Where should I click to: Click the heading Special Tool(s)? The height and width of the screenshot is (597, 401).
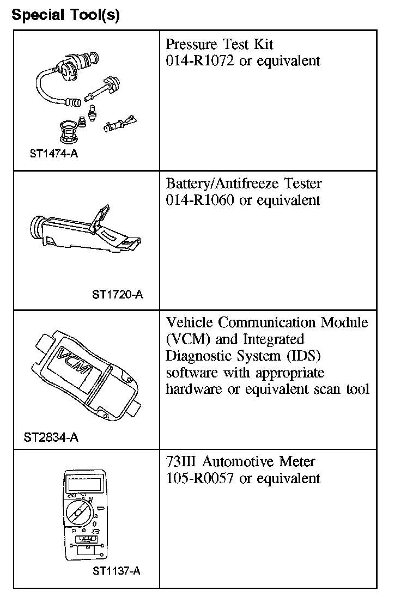pyautogui.click(x=65, y=15)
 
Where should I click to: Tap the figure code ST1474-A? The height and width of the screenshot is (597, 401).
pyautogui.click(x=54, y=154)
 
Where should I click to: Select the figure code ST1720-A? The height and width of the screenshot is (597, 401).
pyautogui.click(x=118, y=295)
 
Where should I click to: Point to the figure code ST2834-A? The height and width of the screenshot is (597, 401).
pyautogui.click(x=51, y=437)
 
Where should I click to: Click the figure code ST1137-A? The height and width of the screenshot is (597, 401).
pyautogui.click(x=117, y=571)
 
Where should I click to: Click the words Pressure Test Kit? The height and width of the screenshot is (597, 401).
pyautogui.click(x=220, y=44)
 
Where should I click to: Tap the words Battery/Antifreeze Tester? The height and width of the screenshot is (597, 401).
pyautogui.click(x=244, y=184)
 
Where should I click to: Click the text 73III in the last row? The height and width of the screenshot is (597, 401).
pyautogui.click(x=181, y=462)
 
